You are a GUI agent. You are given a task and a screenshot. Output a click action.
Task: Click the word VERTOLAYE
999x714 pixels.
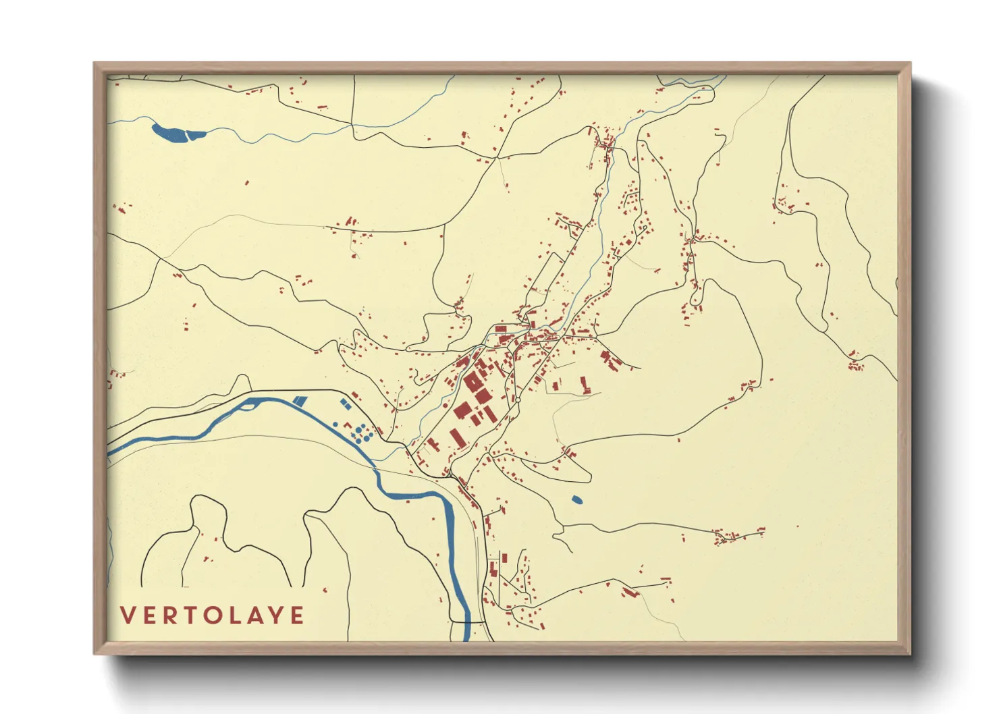point(212,615)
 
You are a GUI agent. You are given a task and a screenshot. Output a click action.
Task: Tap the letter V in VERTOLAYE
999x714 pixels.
point(127,615)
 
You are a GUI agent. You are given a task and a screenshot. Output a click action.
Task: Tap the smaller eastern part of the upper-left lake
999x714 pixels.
point(196,134)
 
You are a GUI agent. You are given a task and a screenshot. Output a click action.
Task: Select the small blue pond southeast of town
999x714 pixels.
point(576,500)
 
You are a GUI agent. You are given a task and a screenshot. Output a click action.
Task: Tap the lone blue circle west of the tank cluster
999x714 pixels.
point(335,424)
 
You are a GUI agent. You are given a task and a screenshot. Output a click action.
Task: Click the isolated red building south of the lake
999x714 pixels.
point(247,182)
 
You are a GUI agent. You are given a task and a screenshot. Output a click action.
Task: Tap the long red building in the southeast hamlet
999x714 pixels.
point(630,592)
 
